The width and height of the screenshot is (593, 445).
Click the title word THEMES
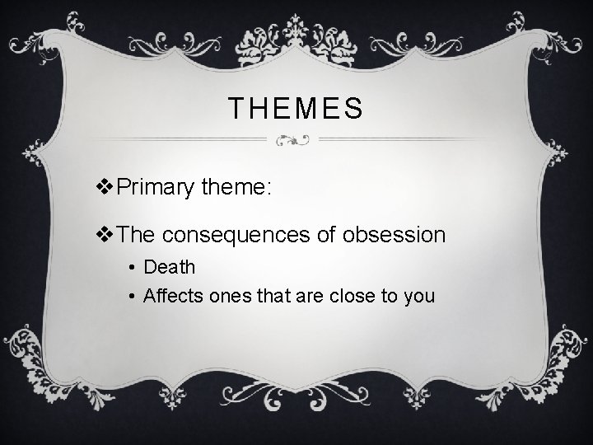point(295,108)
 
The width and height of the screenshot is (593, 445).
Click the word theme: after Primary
point(234,189)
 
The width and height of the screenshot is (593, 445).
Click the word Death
point(169,267)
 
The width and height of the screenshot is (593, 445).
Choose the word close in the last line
point(344,294)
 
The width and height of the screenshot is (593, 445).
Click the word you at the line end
point(418,295)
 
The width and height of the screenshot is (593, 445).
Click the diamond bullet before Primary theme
point(105,189)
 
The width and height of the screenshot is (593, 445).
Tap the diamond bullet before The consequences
point(105,235)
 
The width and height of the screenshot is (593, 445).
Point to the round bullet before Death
point(132,268)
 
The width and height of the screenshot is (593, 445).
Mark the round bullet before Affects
point(132,295)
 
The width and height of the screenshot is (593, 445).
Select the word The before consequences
point(137,235)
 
